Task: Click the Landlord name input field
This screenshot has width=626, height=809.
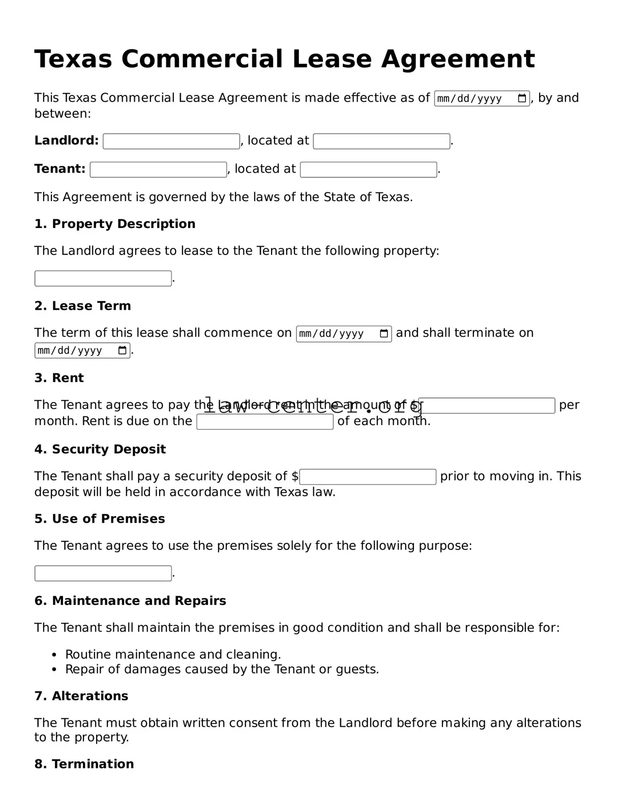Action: point(171,141)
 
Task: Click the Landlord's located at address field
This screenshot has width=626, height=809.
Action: point(381,141)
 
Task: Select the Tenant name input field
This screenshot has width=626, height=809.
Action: point(158,170)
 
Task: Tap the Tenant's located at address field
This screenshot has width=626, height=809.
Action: point(368,170)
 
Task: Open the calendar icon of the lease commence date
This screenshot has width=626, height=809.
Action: point(384,334)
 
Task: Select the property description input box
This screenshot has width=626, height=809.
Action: point(103,278)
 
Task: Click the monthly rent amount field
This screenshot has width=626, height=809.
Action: point(486,406)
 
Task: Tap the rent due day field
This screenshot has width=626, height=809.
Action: point(265,422)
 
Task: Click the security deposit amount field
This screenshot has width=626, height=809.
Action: point(368,477)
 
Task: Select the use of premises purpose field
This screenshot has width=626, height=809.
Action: point(103,573)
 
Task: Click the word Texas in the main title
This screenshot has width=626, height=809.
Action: point(73,59)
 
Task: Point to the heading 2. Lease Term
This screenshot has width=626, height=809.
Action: point(82,306)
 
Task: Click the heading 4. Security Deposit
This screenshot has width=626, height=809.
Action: point(100,449)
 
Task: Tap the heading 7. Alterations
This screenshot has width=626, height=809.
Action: point(81,696)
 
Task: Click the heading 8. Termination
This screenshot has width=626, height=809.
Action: point(84,764)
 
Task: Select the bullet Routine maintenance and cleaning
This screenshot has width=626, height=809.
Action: point(173,654)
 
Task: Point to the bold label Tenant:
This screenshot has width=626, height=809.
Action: point(59,169)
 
